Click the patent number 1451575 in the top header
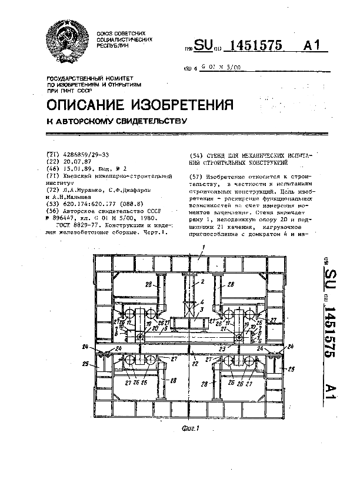click(258, 46)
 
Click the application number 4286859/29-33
click(85, 154)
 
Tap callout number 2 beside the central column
click(202, 282)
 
